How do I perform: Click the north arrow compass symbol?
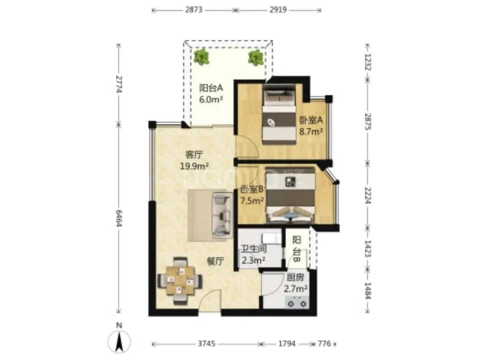pos(119,341)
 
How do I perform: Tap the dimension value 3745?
pos(206,344)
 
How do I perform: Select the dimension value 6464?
pos(118,218)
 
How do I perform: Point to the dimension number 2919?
pos(278,9)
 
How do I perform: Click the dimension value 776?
pos(324,344)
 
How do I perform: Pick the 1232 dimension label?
pos(368,62)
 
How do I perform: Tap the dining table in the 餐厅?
pos(180,280)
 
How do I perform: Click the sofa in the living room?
pos(222,215)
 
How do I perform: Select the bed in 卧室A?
pos(279,117)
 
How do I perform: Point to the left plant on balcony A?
pos(202,57)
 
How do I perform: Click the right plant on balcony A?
pos(256,57)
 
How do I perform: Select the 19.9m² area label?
pos(194,166)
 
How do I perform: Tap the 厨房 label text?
pos(296,278)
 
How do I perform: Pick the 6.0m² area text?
pos(211,99)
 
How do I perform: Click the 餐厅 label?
pos(216,261)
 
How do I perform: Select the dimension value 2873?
pos(194,9)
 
